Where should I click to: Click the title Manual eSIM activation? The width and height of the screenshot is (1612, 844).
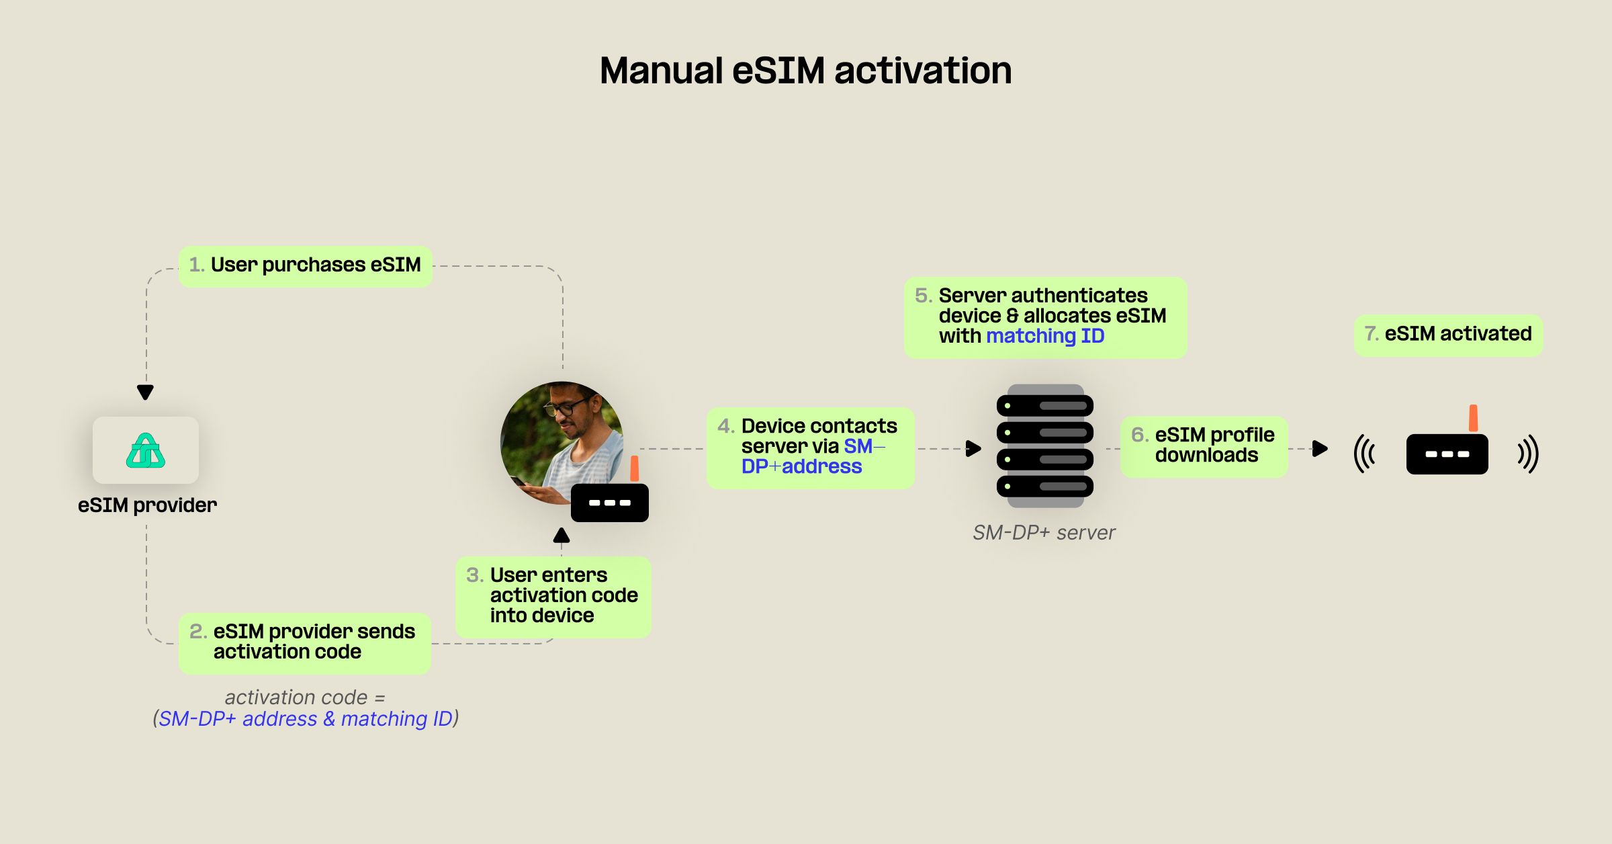click(805, 71)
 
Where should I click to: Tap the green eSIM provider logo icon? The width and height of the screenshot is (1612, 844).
click(146, 451)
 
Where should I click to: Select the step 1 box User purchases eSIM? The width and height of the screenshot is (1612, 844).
click(306, 266)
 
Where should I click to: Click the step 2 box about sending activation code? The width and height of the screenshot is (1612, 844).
click(304, 642)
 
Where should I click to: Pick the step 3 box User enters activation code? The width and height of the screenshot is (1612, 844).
click(553, 596)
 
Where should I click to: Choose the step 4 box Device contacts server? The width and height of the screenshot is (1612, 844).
click(810, 447)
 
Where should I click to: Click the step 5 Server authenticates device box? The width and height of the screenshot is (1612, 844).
click(1044, 316)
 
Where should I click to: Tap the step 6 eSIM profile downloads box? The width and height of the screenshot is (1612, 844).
click(1204, 446)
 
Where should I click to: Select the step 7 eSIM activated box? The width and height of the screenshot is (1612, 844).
click(1448, 335)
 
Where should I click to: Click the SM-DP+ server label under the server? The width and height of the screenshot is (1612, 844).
click(1043, 533)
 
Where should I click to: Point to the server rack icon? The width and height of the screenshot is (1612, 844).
click(1045, 446)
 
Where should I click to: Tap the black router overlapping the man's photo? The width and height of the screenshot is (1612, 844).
click(609, 503)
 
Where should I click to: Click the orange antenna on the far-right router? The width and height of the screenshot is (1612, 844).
click(1473, 418)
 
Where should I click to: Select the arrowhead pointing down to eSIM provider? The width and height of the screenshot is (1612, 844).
click(145, 392)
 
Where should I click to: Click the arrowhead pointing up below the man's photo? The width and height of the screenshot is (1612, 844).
click(562, 536)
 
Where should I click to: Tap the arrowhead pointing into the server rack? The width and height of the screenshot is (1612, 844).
click(973, 448)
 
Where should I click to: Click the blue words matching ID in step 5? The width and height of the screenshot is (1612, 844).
click(1045, 336)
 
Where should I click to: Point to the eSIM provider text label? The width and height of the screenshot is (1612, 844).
click(147, 505)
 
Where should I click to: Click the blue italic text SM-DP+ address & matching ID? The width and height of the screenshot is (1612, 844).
click(306, 719)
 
